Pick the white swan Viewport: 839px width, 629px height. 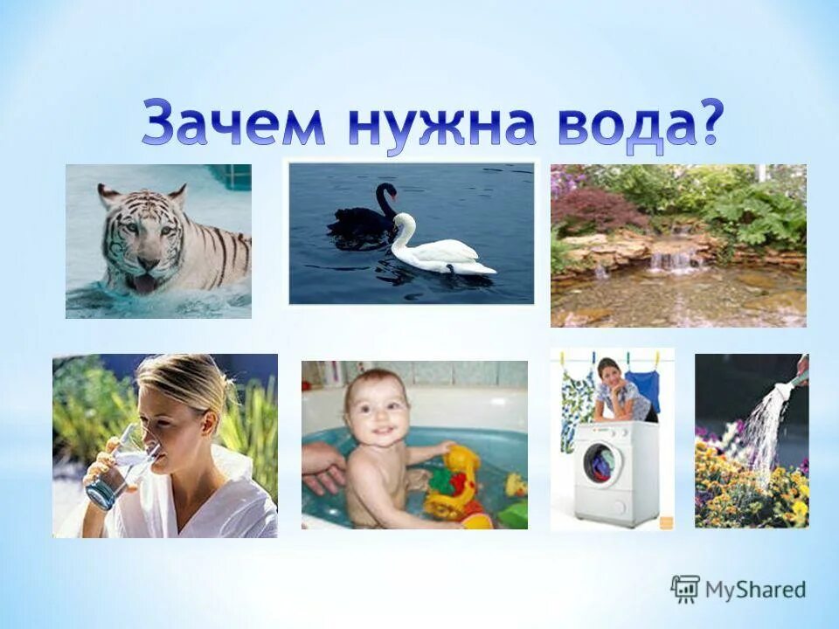click(437, 249)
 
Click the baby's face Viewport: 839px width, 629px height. click(376, 411)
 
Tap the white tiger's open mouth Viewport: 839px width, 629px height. click(145, 281)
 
